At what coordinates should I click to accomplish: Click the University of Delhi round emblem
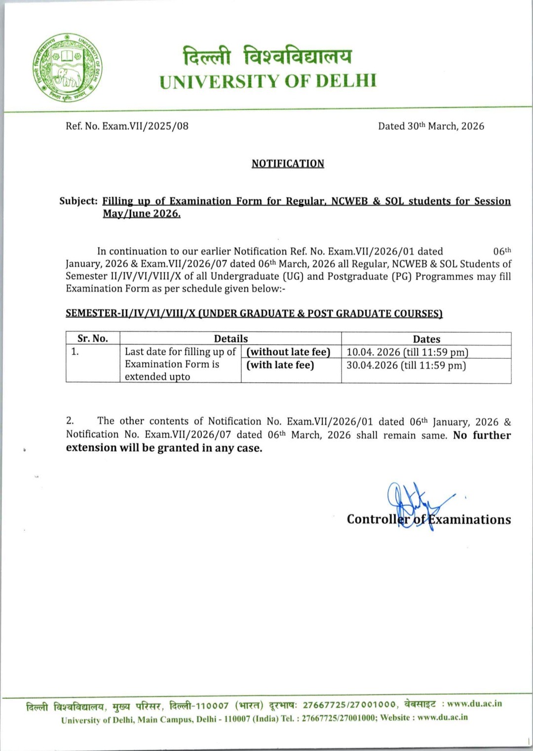[x=68, y=68]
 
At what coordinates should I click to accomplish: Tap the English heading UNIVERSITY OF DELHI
[x=268, y=81]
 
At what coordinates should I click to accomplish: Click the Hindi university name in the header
[x=267, y=56]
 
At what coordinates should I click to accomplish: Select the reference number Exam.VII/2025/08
[x=145, y=126]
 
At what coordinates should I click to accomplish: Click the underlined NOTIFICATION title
[x=288, y=163]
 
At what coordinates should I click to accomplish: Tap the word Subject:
[x=78, y=201]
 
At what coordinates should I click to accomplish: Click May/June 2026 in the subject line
[x=141, y=214]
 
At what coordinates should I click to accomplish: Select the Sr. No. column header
[x=93, y=338]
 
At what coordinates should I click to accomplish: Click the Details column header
[x=230, y=338]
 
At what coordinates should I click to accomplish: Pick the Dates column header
[x=426, y=339]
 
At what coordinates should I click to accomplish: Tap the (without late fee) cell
[x=289, y=352]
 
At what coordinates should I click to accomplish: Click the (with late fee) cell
[x=280, y=365]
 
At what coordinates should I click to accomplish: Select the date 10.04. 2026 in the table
[x=373, y=352]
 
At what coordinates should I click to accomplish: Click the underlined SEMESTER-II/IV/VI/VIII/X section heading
[x=254, y=313]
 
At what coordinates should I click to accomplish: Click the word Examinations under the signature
[x=469, y=520]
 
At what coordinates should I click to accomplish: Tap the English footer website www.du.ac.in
[x=442, y=717]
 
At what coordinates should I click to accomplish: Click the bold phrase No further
[x=482, y=435]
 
